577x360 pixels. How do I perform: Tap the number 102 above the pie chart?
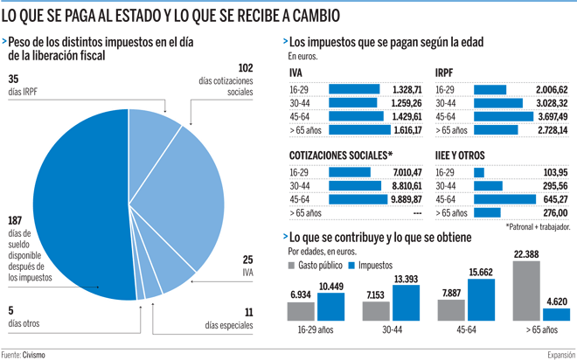(x=246, y=67)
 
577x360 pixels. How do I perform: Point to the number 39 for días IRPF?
(x=12, y=79)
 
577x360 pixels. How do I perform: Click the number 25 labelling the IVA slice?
(x=248, y=260)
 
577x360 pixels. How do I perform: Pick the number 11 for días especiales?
(x=248, y=311)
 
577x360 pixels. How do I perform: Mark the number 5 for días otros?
(x=10, y=310)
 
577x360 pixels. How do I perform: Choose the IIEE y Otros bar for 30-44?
(x=487, y=186)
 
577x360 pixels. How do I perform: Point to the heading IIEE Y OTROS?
(x=462, y=156)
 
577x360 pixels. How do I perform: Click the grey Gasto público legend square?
(x=292, y=265)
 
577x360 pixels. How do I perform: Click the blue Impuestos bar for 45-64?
(x=481, y=300)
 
